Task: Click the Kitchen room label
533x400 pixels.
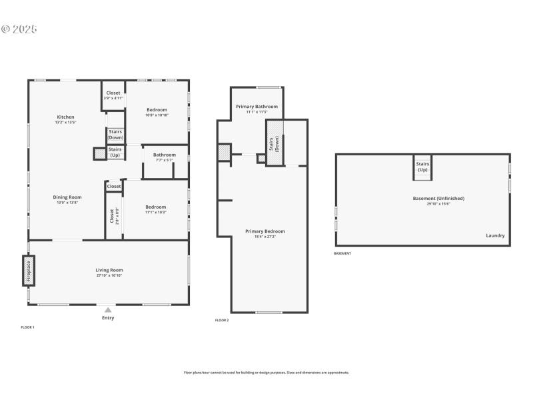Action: tap(65, 117)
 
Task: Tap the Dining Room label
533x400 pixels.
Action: tap(67, 197)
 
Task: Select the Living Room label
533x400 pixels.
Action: tap(109, 270)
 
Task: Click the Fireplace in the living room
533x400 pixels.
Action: tap(29, 272)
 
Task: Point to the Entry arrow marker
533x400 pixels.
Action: tap(108, 310)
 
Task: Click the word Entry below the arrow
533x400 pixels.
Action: tap(108, 318)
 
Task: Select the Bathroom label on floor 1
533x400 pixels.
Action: tap(164, 155)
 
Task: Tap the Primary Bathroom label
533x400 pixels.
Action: tap(257, 107)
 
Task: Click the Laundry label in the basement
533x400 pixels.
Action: tap(495, 235)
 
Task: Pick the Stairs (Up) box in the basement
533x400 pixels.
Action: tap(422, 167)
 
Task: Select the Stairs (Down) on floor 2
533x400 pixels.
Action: tap(276, 143)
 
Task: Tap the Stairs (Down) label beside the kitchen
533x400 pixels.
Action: tap(115, 134)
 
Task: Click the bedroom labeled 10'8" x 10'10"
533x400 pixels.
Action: tap(157, 110)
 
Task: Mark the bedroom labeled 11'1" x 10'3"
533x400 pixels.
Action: tap(156, 207)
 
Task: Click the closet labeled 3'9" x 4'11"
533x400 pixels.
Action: tap(113, 95)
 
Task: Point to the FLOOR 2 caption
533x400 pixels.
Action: tap(222, 321)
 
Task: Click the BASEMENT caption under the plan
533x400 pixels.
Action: tap(342, 253)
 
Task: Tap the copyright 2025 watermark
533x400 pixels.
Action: tap(19, 29)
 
